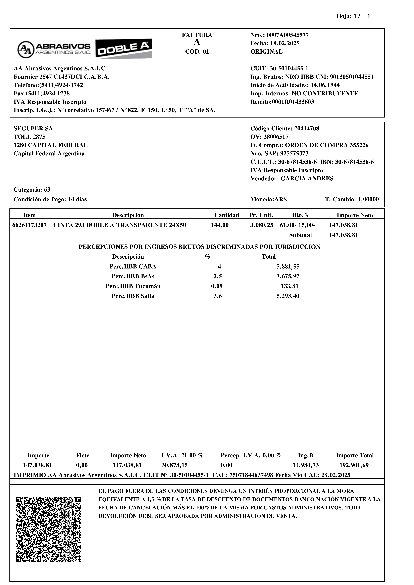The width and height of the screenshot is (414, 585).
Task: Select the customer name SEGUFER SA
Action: [x=33, y=128]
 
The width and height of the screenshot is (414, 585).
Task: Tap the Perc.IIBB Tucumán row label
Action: [x=133, y=286]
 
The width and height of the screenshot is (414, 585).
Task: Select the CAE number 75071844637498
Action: [x=252, y=475]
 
